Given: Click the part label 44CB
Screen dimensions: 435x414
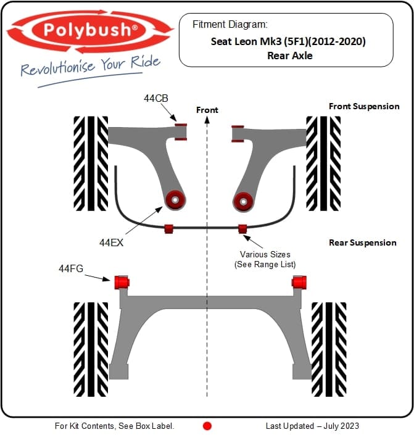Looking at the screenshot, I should [155, 98].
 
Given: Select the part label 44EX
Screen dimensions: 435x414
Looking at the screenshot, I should [112, 242].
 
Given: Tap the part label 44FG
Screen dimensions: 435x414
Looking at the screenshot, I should [71, 268].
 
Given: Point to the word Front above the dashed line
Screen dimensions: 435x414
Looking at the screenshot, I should [207, 110].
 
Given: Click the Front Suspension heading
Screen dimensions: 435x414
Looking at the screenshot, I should [364, 106].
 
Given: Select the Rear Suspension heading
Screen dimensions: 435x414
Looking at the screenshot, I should [363, 242].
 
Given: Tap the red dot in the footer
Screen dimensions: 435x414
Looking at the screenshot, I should [207, 426].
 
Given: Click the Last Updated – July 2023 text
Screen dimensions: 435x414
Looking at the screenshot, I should [312, 426].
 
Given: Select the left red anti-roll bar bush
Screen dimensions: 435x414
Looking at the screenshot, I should [168, 229].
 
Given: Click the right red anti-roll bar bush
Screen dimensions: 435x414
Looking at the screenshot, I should [242, 229].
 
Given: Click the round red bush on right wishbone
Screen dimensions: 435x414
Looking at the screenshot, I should [243, 199].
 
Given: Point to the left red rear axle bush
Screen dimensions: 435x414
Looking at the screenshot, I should [122, 282].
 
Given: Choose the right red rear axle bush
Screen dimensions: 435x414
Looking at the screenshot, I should [300, 282].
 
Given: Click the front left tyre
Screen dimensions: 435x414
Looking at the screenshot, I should [91, 163].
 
